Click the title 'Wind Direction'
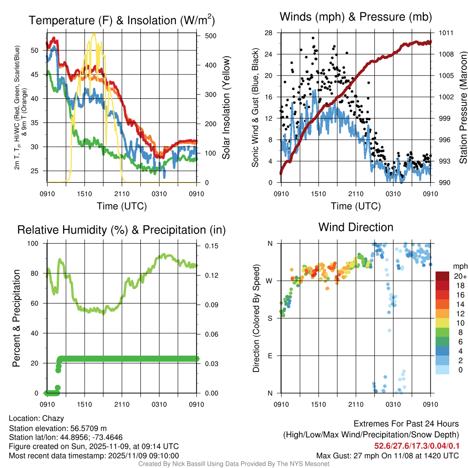coord(356,227)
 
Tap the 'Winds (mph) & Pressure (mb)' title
coord(356,17)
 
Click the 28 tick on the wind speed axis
coord(268,33)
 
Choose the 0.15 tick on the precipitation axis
coord(207,246)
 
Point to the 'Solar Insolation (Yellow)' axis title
coord(226,108)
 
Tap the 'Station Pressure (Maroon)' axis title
coord(463,108)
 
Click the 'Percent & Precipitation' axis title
coord(16,318)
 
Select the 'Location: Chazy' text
coord(37,418)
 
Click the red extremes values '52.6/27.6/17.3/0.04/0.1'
coord(417,446)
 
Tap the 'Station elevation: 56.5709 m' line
coord(58,428)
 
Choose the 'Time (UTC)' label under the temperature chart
coord(122,206)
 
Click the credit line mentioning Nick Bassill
coord(234,464)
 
